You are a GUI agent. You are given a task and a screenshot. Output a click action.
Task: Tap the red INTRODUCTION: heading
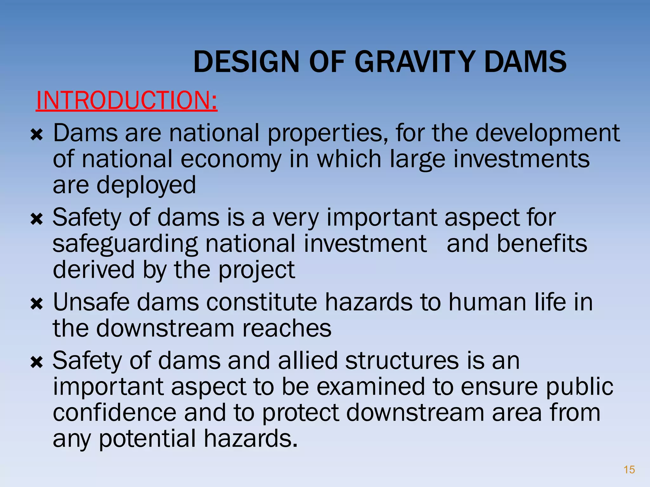tap(127, 100)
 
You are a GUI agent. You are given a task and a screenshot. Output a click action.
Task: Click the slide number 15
tap(629, 470)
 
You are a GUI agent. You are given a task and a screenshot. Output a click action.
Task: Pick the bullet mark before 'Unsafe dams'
tap(36, 304)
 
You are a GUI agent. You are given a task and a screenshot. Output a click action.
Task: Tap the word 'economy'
tap(231, 159)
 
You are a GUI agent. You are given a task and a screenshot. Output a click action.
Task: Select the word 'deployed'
tap(146, 185)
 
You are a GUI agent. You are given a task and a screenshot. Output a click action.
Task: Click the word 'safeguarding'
tap(125, 244)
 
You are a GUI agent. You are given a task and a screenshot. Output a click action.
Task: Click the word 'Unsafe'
tap(91, 302)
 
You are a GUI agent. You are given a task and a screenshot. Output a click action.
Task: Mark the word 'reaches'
tap(287, 328)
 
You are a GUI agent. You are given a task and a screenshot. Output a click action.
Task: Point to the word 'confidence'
tap(115, 412)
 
